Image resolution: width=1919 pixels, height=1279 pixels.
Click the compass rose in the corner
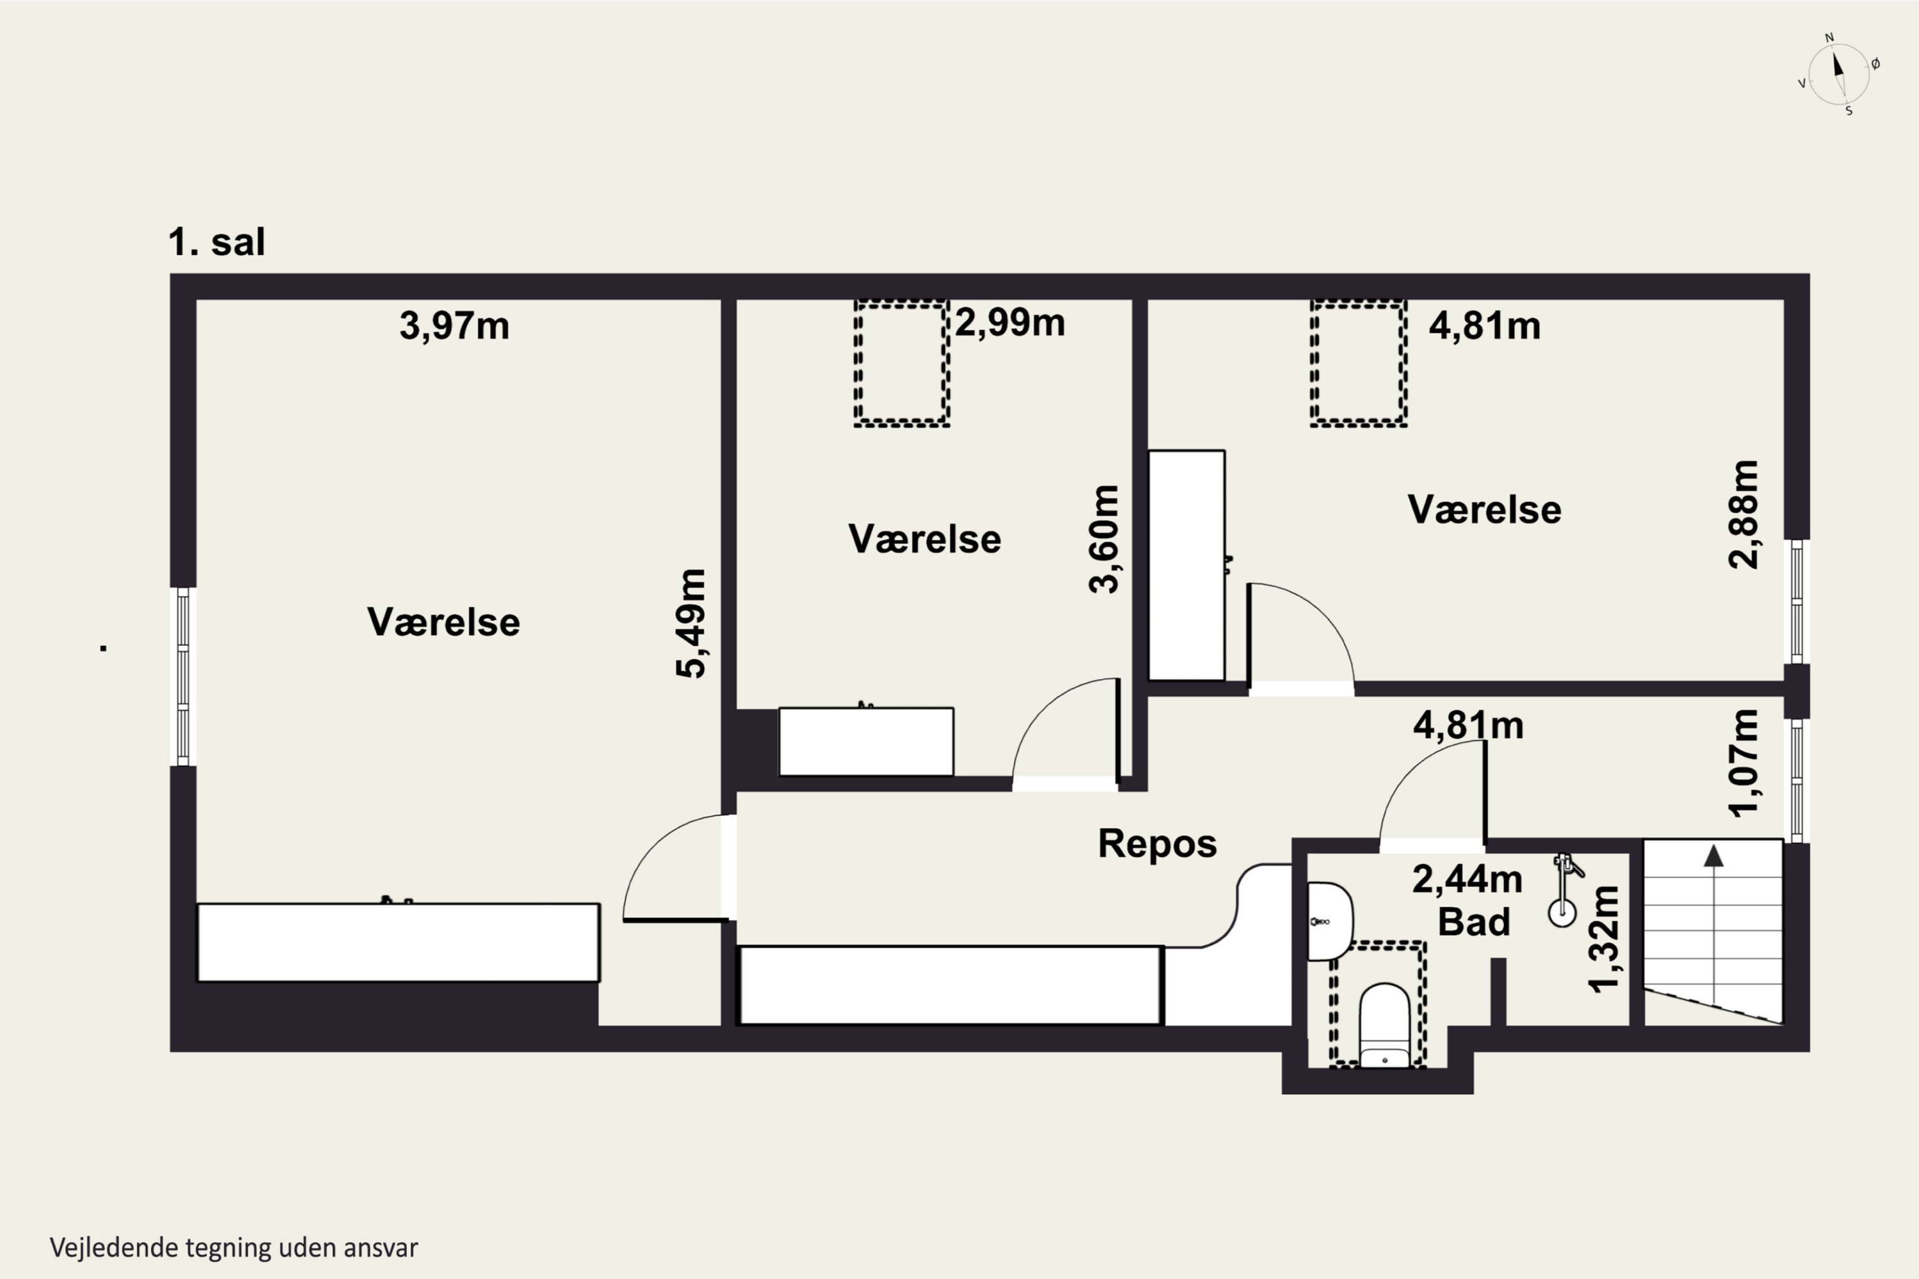[x=1838, y=74]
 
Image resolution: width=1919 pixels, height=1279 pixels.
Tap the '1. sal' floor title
[x=216, y=242]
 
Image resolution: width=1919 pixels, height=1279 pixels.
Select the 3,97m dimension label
[x=454, y=326]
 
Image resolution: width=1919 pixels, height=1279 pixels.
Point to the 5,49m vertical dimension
[x=690, y=623]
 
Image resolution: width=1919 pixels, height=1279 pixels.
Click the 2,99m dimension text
[x=1010, y=323]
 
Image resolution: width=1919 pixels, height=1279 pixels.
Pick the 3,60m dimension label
[x=1104, y=539]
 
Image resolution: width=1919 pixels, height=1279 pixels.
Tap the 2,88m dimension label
[x=1744, y=515]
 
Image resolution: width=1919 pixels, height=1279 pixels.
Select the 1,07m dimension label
[x=1744, y=763]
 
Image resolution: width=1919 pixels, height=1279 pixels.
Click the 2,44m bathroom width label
[x=1467, y=879]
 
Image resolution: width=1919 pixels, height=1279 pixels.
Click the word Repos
[x=1157, y=844]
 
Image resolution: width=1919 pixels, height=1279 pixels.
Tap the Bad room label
[x=1474, y=922]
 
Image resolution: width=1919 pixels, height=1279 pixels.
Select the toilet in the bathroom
[x=1385, y=1024]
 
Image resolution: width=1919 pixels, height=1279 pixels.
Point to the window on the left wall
[x=183, y=676]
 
